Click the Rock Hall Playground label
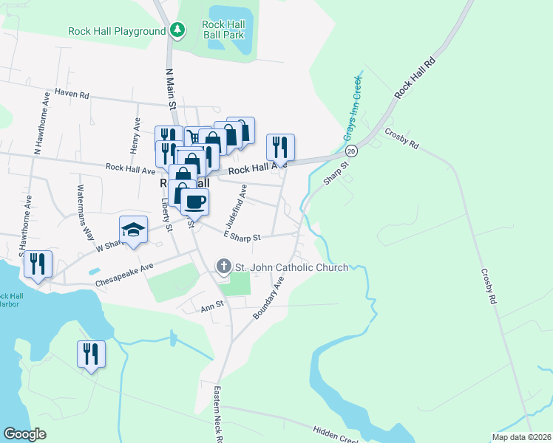click(x=117, y=31)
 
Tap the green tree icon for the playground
click(x=177, y=30)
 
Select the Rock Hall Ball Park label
click(x=223, y=30)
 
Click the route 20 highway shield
click(x=351, y=151)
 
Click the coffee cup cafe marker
click(x=195, y=202)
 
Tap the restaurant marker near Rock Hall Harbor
click(x=38, y=264)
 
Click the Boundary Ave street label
click(x=268, y=298)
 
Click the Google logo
click(x=26, y=434)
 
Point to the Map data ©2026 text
click(x=520, y=436)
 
